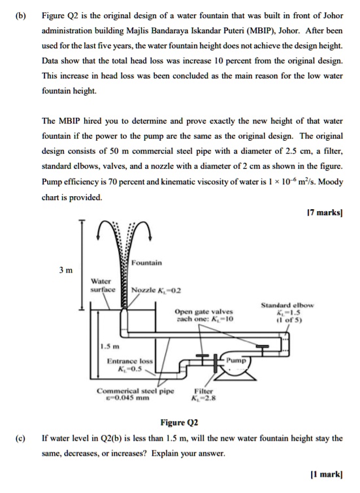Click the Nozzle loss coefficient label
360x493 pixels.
pyautogui.click(x=155, y=290)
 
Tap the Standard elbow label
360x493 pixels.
pyautogui.click(x=287, y=305)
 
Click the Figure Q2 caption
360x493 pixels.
pyautogui.click(x=179, y=423)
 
